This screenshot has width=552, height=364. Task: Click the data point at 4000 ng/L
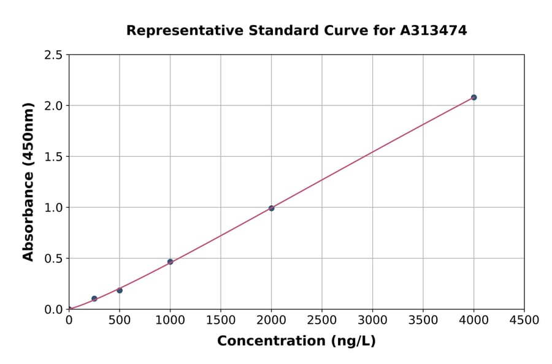[x=473, y=97]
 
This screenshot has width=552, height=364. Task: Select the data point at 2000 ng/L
[x=271, y=208]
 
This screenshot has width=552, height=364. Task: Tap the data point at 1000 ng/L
[x=170, y=262]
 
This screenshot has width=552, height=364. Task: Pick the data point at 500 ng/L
[x=120, y=290]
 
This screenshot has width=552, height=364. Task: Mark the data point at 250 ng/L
[x=94, y=298]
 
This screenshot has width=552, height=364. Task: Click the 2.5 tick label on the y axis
[x=53, y=55]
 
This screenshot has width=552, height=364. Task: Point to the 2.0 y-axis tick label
[x=53, y=106]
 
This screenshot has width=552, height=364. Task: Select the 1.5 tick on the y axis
[x=53, y=157]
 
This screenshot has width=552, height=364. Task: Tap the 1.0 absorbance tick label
[x=53, y=208]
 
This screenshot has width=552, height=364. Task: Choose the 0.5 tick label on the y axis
[x=53, y=259]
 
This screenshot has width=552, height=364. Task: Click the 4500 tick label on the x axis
[x=524, y=320]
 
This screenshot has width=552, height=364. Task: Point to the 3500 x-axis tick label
[x=423, y=320]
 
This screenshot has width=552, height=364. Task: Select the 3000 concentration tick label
[x=372, y=320]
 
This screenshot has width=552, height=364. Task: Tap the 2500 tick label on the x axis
[x=321, y=320]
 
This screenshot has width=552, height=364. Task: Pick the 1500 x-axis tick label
[x=220, y=320]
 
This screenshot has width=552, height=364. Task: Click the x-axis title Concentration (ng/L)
[x=296, y=341]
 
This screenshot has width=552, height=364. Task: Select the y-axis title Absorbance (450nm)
[x=28, y=182]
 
